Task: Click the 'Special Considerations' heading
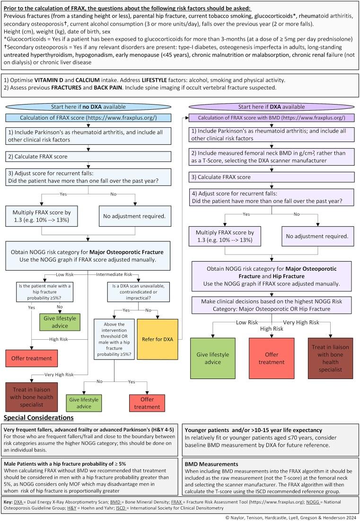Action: (x=38, y=418)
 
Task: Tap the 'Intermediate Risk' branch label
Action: (x=117, y=274)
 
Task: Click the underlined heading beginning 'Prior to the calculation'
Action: (x=127, y=8)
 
